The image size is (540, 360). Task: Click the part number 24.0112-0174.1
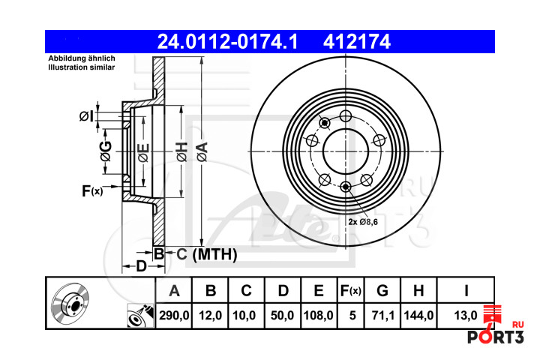click(x=227, y=42)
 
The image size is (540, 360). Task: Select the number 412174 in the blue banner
click(x=357, y=42)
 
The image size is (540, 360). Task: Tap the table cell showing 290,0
click(x=174, y=315)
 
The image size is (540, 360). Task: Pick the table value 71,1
click(x=382, y=315)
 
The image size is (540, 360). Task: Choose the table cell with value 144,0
click(x=418, y=315)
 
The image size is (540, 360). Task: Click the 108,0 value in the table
click(x=318, y=315)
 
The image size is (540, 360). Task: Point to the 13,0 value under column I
click(x=466, y=315)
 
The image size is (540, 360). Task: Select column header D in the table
click(x=283, y=291)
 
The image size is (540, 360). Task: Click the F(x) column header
click(x=350, y=291)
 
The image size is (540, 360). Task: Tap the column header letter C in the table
click(x=246, y=291)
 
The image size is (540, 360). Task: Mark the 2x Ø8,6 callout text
click(x=363, y=222)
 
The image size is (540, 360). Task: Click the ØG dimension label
click(x=106, y=151)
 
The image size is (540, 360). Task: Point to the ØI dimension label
click(x=86, y=116)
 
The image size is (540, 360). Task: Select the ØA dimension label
click(x=202, y=152)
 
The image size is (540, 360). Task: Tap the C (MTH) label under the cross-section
click(x=207, y=254)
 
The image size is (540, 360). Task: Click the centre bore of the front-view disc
click(x=346, y=151)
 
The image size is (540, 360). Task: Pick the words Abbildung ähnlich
click(x=82, y=58)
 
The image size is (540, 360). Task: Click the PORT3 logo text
click(x=495, y=337)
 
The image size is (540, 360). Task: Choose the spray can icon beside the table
click(x=140, y=315)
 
